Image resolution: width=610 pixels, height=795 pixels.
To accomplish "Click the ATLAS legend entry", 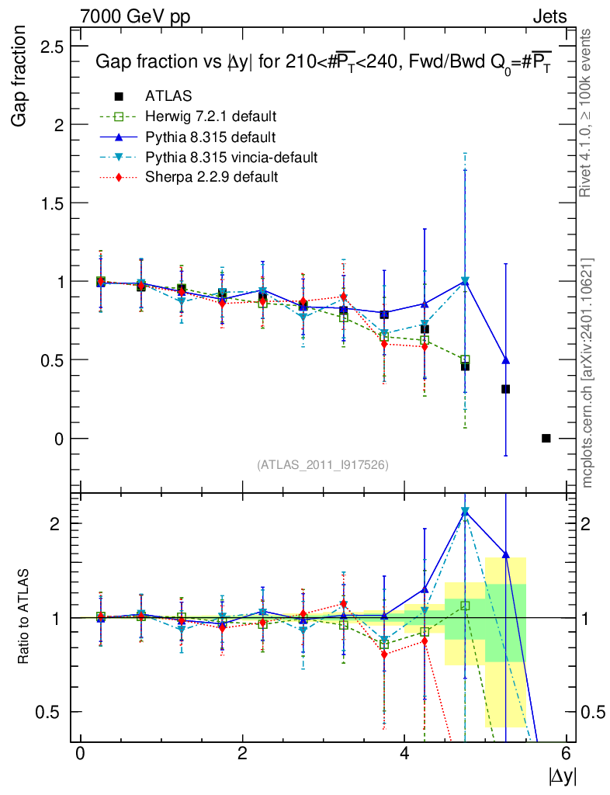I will point(168,96).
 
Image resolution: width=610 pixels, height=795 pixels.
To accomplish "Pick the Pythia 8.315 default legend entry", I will point(210,137).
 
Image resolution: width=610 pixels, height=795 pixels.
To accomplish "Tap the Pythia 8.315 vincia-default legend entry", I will point(231,158).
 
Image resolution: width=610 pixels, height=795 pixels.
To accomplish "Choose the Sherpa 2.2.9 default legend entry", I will point(212,178).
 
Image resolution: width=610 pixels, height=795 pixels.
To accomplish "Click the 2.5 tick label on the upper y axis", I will point(50,47).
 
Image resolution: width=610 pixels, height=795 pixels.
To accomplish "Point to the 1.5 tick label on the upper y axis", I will point(50,203).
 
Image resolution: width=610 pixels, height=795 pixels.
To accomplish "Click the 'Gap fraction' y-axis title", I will point(21,78).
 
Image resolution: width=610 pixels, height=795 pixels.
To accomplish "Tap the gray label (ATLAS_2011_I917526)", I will point(323,464).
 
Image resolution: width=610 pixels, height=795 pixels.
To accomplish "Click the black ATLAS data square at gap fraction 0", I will point(546,439).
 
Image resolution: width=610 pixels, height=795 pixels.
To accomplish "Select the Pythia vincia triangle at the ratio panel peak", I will point(465,512).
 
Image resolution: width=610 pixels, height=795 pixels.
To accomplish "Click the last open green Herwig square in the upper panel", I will point(465,360).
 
